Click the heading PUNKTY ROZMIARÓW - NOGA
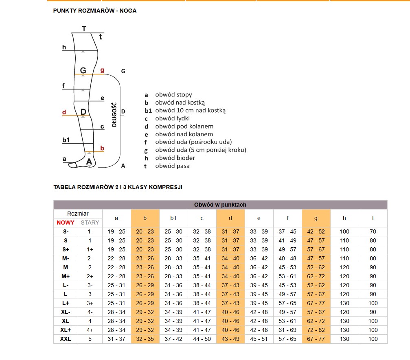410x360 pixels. tap(95, 11)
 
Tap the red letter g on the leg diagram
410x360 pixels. tap(102, 70)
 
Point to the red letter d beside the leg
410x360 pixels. tap(64, 112)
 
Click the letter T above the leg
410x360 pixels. tap(84, 28)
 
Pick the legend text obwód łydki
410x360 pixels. tap(172, 118)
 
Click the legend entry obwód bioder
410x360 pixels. tap(175, 158)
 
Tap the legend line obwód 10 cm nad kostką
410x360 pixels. tap(190, 110)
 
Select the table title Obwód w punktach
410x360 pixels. tap(220, 205)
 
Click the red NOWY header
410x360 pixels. tap(66, 223)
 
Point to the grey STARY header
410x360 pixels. tap(90, 223)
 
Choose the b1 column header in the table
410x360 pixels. tap(173, 218)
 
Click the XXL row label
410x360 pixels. tap(66, 339)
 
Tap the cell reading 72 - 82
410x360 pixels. tap(316, 330)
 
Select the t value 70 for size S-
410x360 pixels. tap(373, 231)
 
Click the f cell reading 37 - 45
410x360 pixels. tap(287, 231)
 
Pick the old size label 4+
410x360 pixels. tap(90, 330)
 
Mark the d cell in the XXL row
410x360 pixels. tap(230, 339)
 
